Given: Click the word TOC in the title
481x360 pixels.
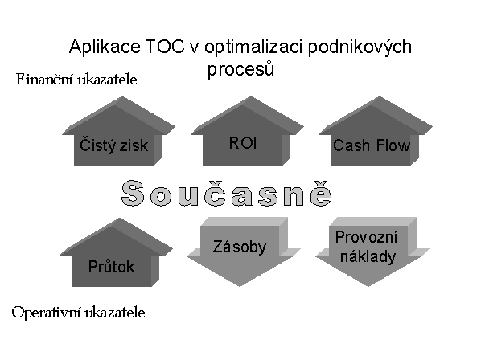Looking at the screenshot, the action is click(x=166, y=47).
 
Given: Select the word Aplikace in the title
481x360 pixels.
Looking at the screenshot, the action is click(x=105, y=47).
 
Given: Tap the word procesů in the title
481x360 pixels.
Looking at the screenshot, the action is click(x=240, y=68).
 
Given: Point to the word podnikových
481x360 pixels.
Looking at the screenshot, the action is click(x=360, y=47).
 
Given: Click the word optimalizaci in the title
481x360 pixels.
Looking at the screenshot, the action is click(x=253, y=47).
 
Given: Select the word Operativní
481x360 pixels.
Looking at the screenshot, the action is click(x=47, y=313).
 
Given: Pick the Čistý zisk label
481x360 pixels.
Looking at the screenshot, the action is click(x=113, y=145).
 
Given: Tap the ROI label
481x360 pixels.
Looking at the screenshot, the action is click(x=243, y=143).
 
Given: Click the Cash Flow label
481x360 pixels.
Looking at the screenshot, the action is click(x=372, y=145).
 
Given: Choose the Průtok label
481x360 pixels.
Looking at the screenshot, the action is click(x=111, y=266).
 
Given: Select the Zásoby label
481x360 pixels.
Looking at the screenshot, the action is click(x=239, y=247).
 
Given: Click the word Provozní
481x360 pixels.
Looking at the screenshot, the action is click(x=366, y=237).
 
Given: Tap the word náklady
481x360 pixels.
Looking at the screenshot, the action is click(x=368, y=256).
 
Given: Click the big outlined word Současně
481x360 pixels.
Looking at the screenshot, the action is click(x=226, y=193).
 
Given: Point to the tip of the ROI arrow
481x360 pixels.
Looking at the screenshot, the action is click(x=251, y=97).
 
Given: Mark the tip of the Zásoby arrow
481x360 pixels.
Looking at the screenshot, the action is click(x=239, y=286).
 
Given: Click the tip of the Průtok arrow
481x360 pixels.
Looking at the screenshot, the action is click(x=120, y=219).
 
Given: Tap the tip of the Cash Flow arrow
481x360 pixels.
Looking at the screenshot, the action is click(x=379, y=97).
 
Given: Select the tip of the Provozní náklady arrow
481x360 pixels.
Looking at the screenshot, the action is click(x=368, y=286).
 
